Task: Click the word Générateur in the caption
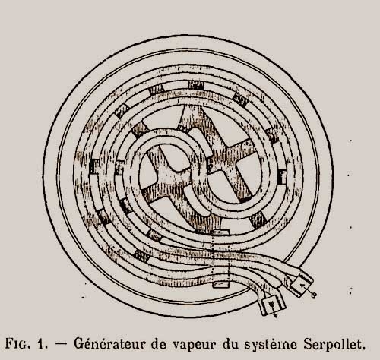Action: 110,343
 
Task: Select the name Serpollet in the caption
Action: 334,343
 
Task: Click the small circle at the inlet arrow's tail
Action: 314,295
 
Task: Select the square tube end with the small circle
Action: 302,286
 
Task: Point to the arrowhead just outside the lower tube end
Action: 276,315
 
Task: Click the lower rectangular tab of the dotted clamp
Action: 220,284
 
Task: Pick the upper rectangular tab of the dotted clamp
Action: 220,232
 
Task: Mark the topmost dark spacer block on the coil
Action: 196,85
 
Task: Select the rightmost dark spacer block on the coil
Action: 282,177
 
